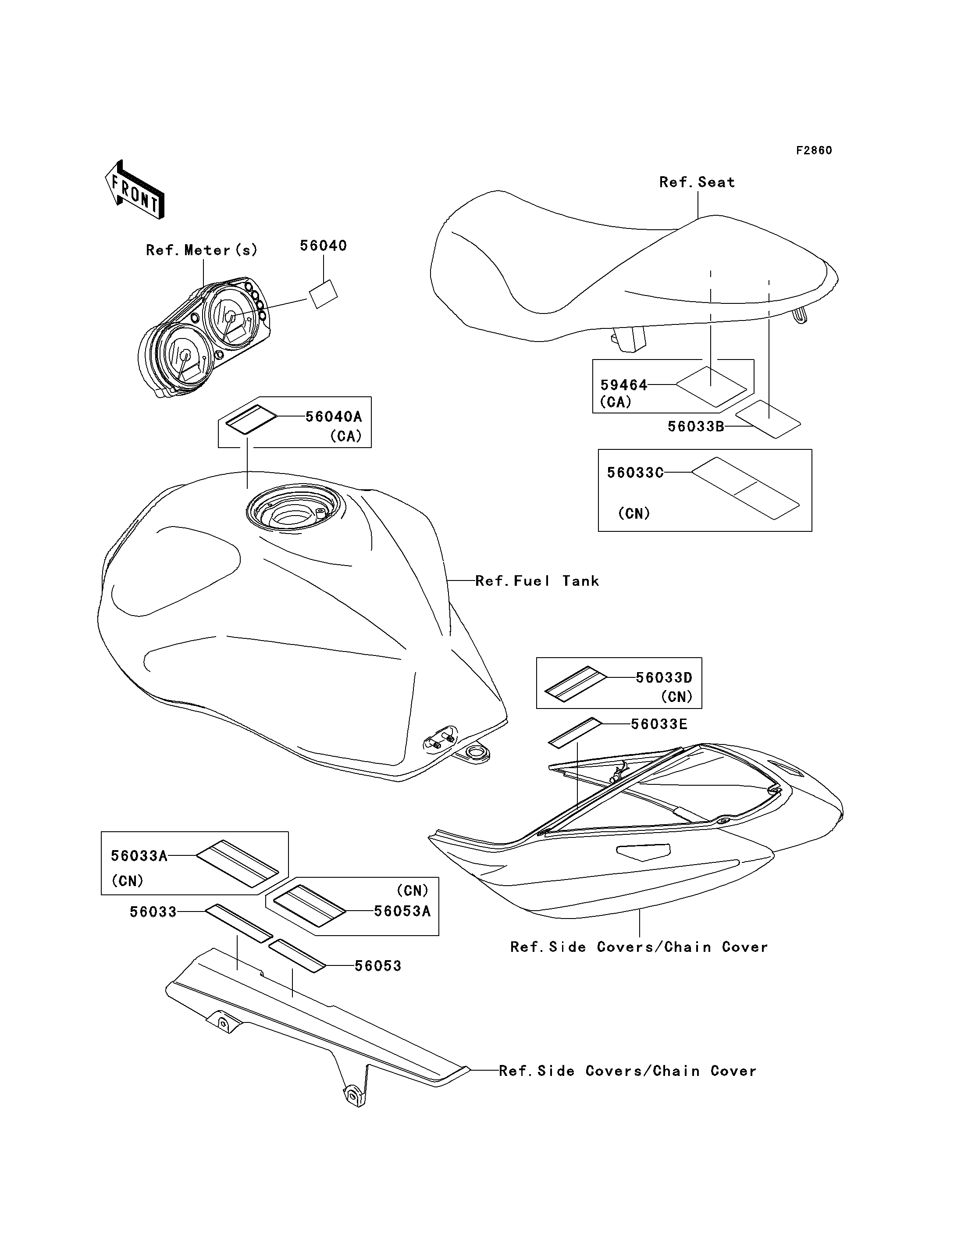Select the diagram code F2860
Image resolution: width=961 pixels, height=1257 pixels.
(x=814, y=150)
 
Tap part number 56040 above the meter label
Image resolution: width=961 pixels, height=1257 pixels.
(x=323, y=246)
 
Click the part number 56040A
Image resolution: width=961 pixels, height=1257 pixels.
(x=334, y=417)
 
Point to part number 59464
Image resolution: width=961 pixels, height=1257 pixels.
(x=623, y=385)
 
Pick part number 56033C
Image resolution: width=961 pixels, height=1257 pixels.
(x=635, y=473)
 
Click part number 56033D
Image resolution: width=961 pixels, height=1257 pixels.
(x=664, y=677)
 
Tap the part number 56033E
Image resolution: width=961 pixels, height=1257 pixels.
(x=659, y=724)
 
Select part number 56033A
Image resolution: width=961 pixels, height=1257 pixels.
(x=139, y=856)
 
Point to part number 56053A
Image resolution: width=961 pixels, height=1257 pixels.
(x=402, y=911)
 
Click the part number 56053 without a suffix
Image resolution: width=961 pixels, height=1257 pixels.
(x=377, y=966)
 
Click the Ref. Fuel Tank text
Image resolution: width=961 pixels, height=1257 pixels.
(x=537, y=581)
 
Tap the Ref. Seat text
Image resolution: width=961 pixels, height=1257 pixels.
(x=697, y=182)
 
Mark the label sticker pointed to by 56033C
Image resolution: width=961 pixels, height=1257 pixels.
(x=745, y=488)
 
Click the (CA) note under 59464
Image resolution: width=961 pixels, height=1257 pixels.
(x=616, y=402)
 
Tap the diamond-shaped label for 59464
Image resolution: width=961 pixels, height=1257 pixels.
(x=712, y=387)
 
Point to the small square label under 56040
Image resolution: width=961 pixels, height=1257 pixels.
(x=323, y=294)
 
